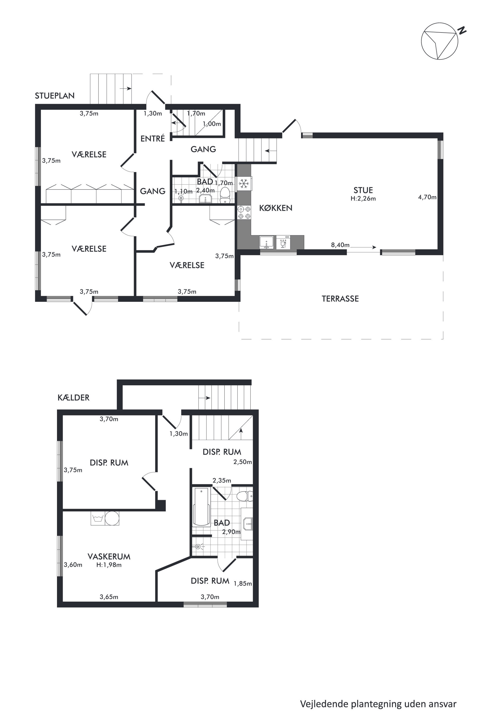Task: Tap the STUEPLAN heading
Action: [x=55, y=96]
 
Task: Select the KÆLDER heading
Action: [x=73, y=398]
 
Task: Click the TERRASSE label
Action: [x=340, y=299]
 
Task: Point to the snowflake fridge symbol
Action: [x=244, y=184]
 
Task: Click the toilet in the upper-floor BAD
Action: [x=225, y=195]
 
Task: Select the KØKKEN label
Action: [x=276, y=208]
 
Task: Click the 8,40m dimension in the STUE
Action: [x=340, y=245]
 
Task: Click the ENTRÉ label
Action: [x=153, y=139]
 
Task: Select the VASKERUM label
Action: [x=109, y=557]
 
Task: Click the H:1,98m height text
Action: [x=109, y=565]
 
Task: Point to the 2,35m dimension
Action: [x=222, y=480]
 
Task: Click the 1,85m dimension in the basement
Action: [x=243, y=583]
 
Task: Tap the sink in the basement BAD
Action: [x=248, y=524]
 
